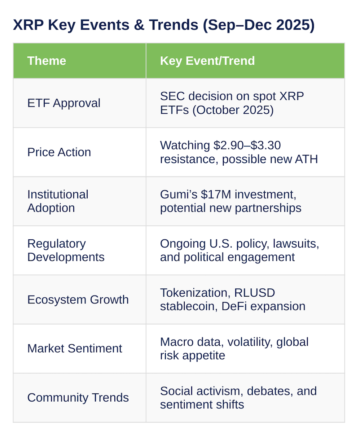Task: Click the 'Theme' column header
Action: coord(47,61)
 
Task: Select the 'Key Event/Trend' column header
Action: coord(207,61)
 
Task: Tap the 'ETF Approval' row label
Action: coord(64,103)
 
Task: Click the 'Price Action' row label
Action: coord(59,152)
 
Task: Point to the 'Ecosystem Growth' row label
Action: coord(78,300)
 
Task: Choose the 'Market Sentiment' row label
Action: coord(75,348)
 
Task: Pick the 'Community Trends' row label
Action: coord(78,397)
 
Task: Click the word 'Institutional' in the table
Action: coord(58,194)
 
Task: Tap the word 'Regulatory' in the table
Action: coord(56,244)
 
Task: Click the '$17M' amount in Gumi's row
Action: coord(216,194)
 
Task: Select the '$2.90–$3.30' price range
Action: coord(247,145)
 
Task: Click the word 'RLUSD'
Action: coord(254,293)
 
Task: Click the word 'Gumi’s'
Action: coord(179,194)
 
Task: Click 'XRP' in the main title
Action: coord(28,25)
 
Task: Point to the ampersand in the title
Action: coord(139,25)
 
